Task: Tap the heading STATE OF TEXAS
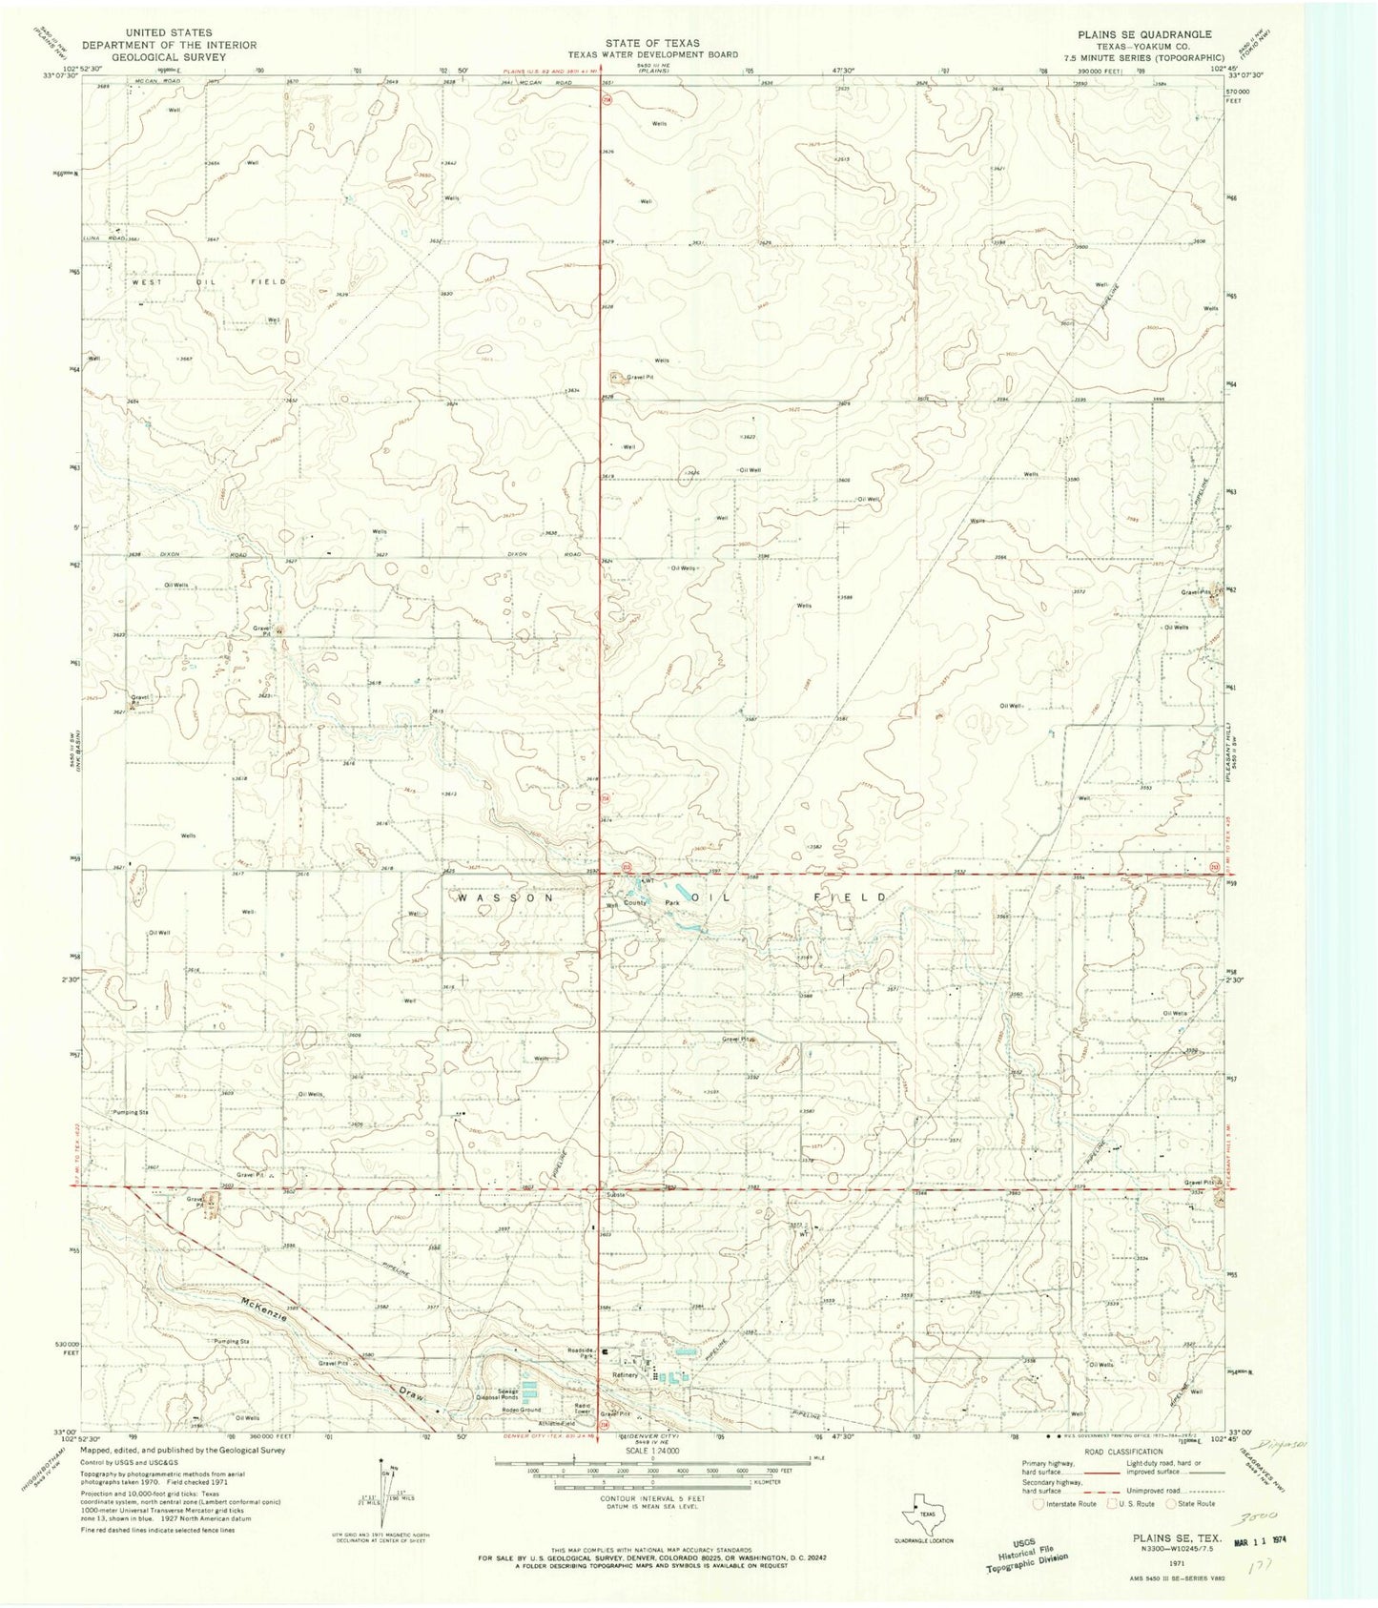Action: [x=652, y=43]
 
